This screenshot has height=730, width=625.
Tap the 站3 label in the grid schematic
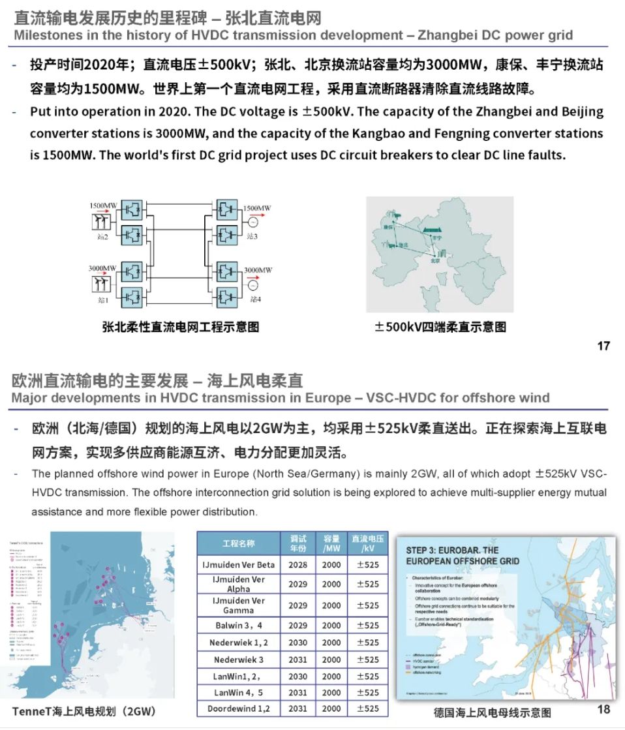tap(252, 236)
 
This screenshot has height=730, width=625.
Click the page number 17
tap(603, 346)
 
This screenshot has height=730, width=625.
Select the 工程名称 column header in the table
tap(238, 543)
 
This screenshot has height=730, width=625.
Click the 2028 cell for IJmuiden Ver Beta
tap(298, 565)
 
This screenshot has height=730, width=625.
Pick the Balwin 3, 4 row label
tap(239, 626)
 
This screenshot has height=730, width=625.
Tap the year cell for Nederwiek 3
tap(298, 660)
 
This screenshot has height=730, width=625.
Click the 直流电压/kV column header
tap(367, 543)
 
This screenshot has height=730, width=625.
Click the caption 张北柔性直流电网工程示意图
tap(181, 327)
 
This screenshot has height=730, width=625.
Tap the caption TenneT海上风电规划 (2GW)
tap(84, 710)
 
